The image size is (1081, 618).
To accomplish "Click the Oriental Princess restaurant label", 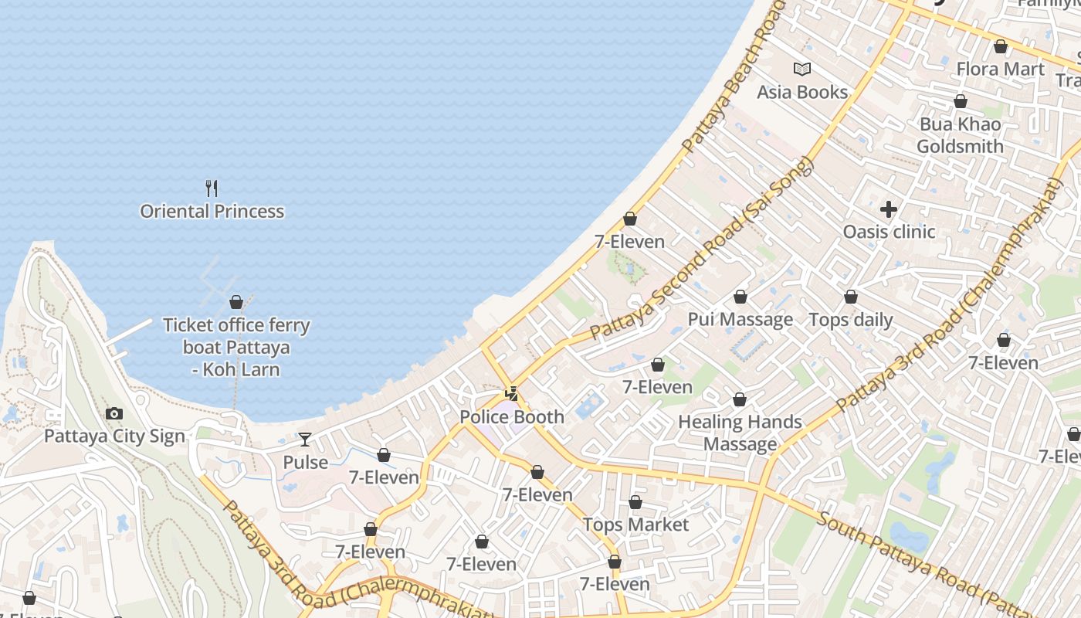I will (212, 211).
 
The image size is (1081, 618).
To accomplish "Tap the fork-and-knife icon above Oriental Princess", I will (212, 188).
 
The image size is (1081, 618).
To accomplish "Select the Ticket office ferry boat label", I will (236, 347).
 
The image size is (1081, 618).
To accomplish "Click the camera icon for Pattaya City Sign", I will (114, 414).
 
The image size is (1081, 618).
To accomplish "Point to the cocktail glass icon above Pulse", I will (305, 440).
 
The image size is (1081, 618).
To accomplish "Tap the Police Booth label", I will (512, 416).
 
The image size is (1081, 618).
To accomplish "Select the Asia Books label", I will (802, 92).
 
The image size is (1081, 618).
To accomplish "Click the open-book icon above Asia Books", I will (802, 69).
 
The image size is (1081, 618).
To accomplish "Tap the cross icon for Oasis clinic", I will (889, 209).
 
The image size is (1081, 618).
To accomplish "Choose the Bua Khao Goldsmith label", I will (960, 135).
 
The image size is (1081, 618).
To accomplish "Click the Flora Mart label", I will (1000, 69).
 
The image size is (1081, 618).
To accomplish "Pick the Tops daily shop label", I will (850, 320).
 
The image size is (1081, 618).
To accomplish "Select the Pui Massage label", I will (740, 319).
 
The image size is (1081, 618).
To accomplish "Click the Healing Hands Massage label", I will (740, 433).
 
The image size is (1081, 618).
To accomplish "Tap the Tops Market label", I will (635, 525).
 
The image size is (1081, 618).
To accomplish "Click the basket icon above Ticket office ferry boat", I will (236, 302).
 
